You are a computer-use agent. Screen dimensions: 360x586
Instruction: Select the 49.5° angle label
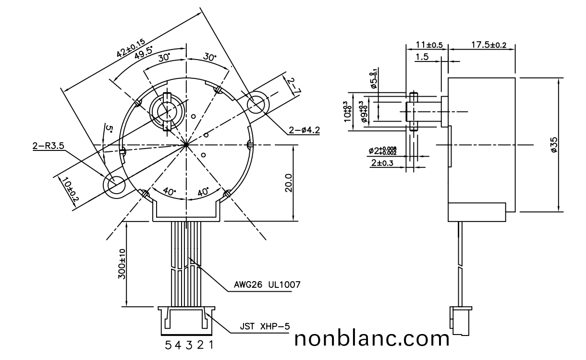click(144, 52)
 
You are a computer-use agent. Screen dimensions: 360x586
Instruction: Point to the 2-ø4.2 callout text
click(305, 130)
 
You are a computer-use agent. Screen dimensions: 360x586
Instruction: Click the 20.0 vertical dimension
click(288, 183)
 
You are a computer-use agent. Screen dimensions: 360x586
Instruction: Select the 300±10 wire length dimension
click(122, 264)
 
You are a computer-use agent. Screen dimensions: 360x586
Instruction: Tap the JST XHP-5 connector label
click(265, 327)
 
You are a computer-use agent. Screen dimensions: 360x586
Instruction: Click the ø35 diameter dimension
click(554, 145)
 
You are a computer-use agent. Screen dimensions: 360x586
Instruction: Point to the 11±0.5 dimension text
click(429, 45)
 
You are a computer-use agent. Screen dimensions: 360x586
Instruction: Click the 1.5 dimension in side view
click(422, 57)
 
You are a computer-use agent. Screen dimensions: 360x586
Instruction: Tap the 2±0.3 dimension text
click(382, 163)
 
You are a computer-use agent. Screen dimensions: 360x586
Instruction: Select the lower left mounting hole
click(116, 184)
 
